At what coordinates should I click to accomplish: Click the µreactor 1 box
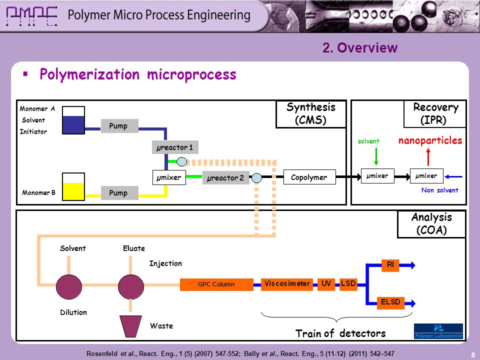pyautogui.click(x=175, y=147)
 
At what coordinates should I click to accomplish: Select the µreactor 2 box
pyautogui.click(x=225, y=177)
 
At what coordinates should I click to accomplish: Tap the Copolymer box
pyautogui.click(x=309, y=177)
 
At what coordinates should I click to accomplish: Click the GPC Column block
pyautogui.click(x=216, y=284)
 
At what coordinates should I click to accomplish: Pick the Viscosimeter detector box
pyautogui.click(x=287, y=284)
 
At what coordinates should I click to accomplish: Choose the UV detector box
pyautogui.click(x=326, y=284)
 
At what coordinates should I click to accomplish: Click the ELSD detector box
pyautogui.click(x=390, y=303)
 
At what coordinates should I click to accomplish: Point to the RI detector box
pyautogui.click(x=390, y=265)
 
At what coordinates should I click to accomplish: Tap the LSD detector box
pyautogui.click(x=348, y=284)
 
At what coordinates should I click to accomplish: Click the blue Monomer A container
pyautogui.click(x=73, y=120)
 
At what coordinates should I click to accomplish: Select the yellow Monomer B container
pyautogui.click(x=73, y=186)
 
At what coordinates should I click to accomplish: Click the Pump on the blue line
pyautogui.click(x=119, y=126)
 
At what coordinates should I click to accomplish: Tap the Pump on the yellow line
pyautogui.click(x=119, y=193)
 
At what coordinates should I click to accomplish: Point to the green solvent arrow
pyautogui.click(x=376, y=156)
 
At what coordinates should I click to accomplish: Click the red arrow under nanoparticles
pyautogui.click(x=428, y=156)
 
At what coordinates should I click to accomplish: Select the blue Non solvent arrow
pyautogui.click(x=453, y=176)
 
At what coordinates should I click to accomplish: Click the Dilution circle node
pyautogui.click(x=69, y=287)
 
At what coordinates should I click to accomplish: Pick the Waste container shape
pyautogui.click(x=130, y=326)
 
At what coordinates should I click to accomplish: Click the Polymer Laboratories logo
pyautogui.click(x=438, y=331)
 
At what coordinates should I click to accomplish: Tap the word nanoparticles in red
pyautogui.click(x=430, y=140)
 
